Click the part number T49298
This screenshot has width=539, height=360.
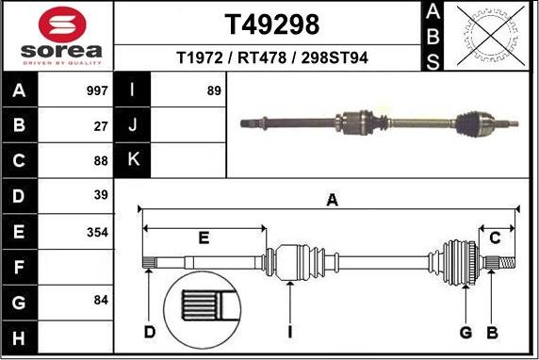271,24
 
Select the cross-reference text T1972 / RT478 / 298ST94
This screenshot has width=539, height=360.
272,58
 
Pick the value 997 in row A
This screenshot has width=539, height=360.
98,91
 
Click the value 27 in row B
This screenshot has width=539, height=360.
102,126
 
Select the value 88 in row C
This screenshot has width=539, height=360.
102,161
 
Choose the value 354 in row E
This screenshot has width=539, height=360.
98,231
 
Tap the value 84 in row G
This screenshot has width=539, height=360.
102,301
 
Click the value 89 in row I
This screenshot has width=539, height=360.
214,91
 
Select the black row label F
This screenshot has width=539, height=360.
20,266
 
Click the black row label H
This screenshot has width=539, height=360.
20,335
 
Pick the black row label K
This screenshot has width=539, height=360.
133,161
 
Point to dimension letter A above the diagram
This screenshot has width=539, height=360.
332,199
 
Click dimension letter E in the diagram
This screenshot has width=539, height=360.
204,236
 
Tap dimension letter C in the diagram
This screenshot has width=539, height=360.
495,236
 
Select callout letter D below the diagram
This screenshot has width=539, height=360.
150,332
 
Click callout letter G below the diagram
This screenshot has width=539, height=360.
465,332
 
